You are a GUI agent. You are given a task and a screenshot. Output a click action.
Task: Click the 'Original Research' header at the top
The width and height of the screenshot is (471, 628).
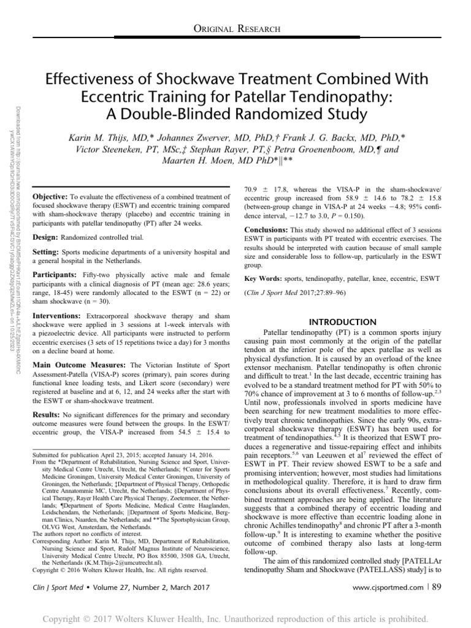pos(237,29)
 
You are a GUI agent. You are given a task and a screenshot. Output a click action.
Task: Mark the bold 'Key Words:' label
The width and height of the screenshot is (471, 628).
pos(265,278)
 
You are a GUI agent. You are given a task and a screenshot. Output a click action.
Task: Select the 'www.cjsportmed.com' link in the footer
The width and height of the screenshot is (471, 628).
pos(388,588)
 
